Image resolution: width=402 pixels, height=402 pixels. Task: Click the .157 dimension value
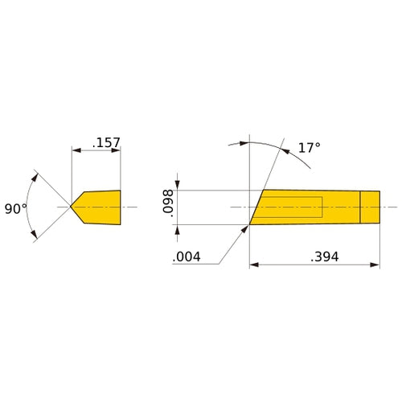coord(106,143)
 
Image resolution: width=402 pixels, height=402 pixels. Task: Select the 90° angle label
coord(15,207)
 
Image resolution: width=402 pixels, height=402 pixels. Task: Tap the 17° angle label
coord(308,148)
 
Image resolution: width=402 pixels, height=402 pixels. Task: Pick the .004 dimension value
coord(185,258)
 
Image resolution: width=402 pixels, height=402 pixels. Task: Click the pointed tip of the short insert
coord(71,207)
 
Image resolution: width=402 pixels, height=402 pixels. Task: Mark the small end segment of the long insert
coord(370,207)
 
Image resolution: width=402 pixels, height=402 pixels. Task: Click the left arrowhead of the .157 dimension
coord(76,150)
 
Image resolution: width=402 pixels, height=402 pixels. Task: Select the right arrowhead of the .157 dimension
coord(117,150)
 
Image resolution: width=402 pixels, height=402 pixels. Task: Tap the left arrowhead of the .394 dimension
coord(254,263)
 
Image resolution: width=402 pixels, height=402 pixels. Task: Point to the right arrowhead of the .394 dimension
coord(374,263)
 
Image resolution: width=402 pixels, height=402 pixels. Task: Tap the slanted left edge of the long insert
coord(256,207)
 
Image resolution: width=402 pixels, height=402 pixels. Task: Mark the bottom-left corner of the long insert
coord(249,224)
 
